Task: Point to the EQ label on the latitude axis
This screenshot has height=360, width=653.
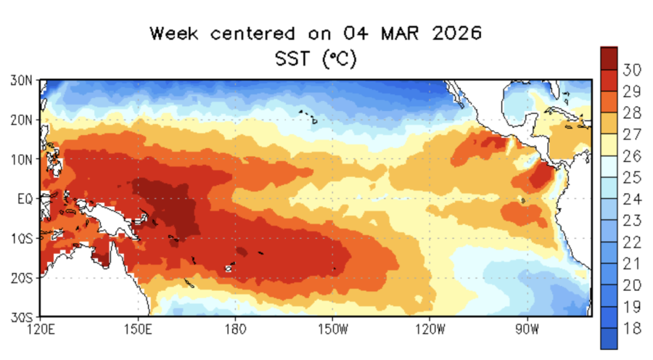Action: pyautogui.click(x=23, y=198)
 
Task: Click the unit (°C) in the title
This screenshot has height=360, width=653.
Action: pyautogui.click(x=339, y=58)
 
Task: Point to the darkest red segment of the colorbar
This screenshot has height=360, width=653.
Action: pyautogui.click(x=609, y=57)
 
